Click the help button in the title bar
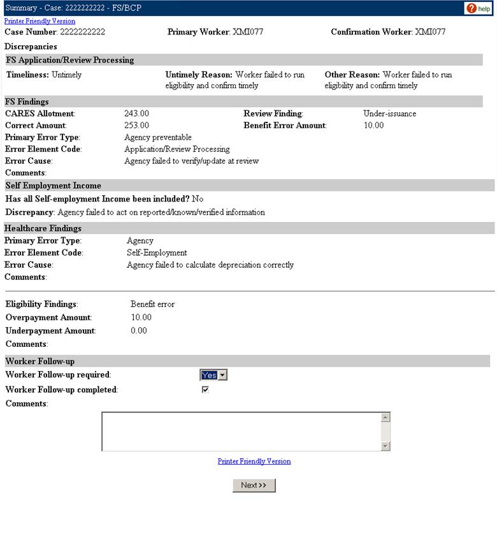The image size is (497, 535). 480,8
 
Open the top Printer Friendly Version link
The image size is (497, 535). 40,21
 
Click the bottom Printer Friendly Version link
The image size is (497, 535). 254,461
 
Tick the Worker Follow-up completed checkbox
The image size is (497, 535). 205,390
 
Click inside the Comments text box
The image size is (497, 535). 241,432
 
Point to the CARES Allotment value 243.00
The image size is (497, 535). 136,114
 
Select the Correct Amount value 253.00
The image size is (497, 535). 136,125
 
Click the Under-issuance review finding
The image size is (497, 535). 389,114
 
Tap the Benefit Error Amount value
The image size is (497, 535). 373,125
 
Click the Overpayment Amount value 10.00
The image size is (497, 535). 141,317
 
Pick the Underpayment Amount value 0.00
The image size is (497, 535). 138,330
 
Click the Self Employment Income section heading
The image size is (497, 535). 53,186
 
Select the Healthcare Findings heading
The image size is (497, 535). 43,228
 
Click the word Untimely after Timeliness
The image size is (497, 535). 66,75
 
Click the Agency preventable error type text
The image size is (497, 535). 157,136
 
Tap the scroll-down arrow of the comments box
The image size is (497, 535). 385,446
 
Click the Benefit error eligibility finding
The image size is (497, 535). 152,304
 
